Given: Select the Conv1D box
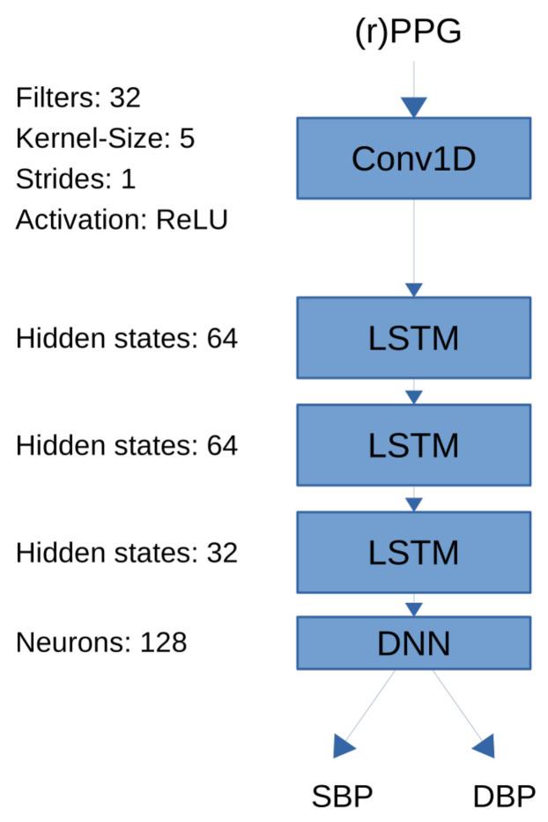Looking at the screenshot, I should point(413,158).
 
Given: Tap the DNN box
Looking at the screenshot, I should point(413,642).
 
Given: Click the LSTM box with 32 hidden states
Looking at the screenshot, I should point(413,552).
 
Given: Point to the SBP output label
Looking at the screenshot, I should point(343,796).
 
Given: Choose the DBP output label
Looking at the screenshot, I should point(504,796).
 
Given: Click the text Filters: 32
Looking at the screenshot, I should point(78,98).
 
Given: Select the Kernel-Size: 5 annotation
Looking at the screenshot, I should point(105,138).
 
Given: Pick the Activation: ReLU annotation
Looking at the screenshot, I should point(122,219).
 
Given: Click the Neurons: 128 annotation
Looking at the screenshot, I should point(101,642).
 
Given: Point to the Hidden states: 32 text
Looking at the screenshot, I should point(127,553).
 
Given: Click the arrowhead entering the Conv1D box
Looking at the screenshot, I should point(414,107).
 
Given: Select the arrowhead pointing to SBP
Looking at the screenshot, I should point(344,747).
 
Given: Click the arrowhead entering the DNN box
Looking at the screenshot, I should point(414,609).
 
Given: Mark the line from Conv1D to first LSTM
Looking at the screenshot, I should point(414,242).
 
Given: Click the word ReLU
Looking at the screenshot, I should point(192,219).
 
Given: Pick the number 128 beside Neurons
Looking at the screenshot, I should point(163,642).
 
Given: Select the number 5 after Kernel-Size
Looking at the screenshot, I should point(186,138).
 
